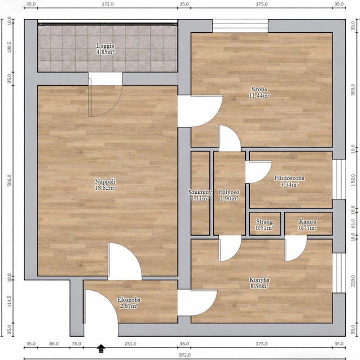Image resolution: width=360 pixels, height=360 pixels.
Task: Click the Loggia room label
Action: point(105,45)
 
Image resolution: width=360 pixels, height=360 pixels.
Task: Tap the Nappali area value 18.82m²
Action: point(105,188)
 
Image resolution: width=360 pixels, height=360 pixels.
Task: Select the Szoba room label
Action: point(259,89)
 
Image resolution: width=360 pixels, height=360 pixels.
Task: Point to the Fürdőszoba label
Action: point(289,178)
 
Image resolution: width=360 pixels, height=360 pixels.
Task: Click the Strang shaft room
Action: point(265,224)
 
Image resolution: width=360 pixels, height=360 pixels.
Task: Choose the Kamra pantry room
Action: point(308,224)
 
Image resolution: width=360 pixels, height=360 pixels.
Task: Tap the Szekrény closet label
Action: point(199,192)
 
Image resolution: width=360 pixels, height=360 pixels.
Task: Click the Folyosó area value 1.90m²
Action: point(229,198)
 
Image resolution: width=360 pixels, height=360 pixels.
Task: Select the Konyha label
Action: point(259,280)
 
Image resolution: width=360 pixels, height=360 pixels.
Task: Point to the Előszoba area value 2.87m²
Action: point(128,306)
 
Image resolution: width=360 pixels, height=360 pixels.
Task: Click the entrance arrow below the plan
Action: point(101,348)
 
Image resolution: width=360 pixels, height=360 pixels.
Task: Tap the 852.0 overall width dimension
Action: point(184,355)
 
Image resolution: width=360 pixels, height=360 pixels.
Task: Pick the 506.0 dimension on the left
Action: point(9,180)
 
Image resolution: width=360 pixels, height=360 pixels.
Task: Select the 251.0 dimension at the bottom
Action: point(130,343)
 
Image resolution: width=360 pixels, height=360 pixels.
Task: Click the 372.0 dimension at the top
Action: point(107,4)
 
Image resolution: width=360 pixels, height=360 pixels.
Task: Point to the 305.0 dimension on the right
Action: point(353,89)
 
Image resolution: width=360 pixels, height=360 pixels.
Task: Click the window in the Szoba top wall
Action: point(240,25)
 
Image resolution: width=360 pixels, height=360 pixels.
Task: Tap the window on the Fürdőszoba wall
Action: point(339,179)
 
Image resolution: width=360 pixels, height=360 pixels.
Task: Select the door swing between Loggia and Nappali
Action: point(105,101)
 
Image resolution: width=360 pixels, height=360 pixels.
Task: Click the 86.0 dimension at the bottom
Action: point(53,343)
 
